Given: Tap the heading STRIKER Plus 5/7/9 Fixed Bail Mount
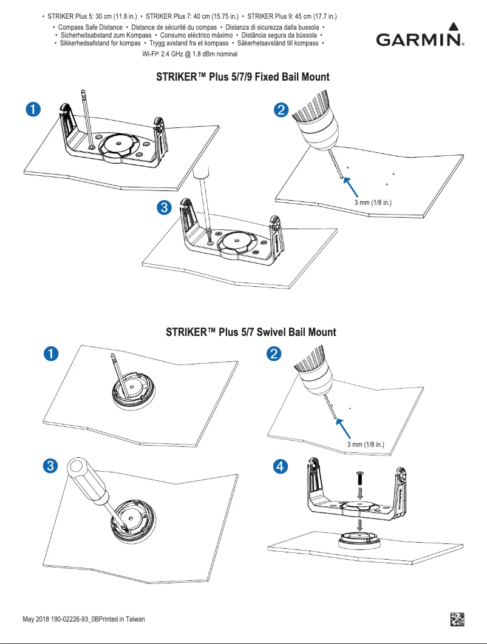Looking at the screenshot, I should [243, 78].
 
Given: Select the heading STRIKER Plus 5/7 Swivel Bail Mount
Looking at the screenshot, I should [251, 332].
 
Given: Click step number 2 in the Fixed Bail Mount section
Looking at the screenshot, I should [281, 110].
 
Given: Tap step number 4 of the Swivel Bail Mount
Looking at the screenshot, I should [280, 466].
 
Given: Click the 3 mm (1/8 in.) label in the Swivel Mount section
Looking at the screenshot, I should [366, 444].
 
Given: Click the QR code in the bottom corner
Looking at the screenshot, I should [457, 619].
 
